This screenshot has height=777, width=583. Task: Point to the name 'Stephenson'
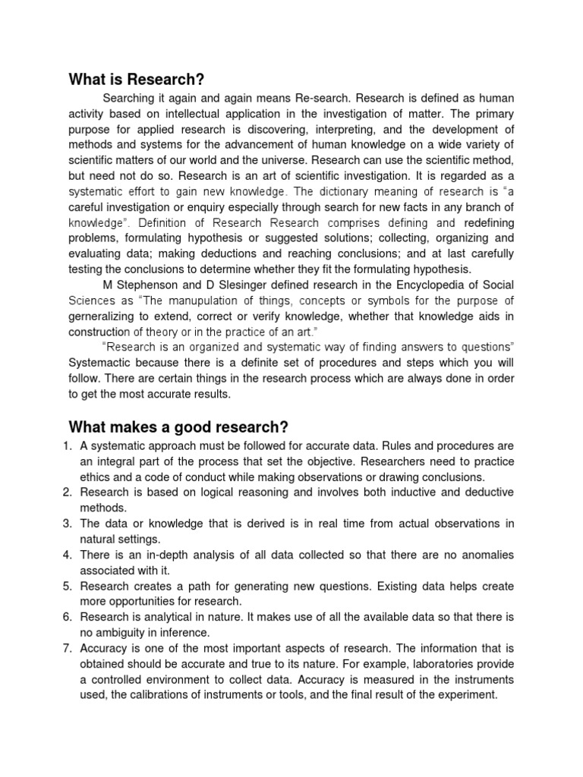[145, 285]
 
